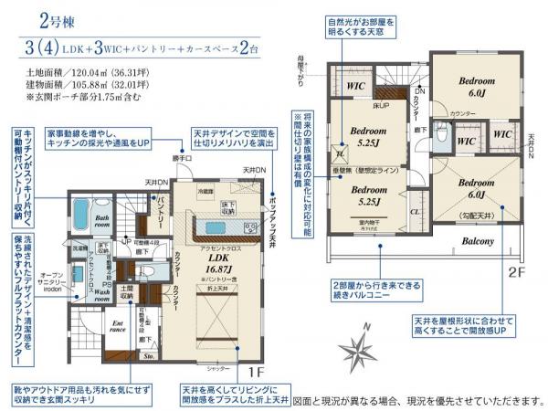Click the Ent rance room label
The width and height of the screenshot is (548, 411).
(x=118, y=326)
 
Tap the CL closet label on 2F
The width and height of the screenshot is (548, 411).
(x=415, y=210)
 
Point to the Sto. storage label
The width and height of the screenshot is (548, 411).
(x=146, y=359)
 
